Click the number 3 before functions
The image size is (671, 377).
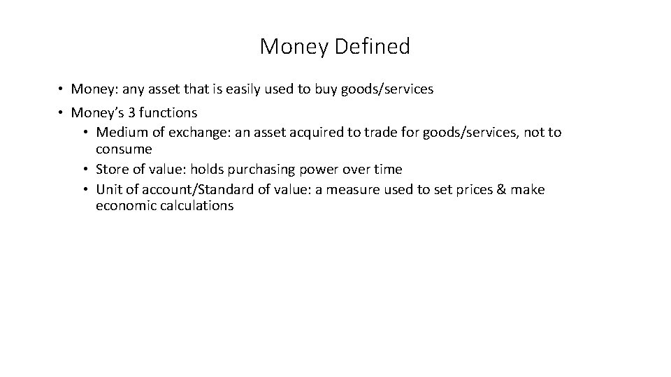pos(131,112)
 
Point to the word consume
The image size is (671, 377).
pos(124,149)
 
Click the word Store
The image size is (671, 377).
pos(111,170)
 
